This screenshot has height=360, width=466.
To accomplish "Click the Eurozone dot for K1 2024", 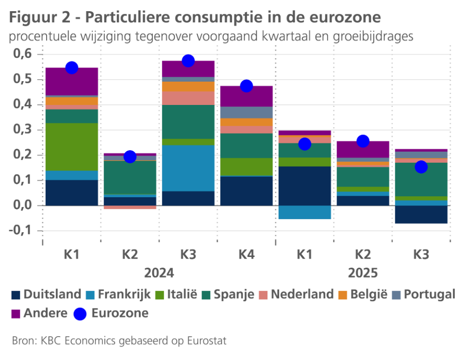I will [x=72, y=68].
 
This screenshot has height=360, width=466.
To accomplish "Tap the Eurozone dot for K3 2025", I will [x=421, y=167].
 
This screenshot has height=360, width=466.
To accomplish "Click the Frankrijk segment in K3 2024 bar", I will [x=188, y=168].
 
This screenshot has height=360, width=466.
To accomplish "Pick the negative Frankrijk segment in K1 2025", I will [x=304, y=212].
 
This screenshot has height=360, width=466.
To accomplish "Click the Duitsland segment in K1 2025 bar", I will [x=304, y=186].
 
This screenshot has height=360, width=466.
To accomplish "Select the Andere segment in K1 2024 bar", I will [x=72, y=81].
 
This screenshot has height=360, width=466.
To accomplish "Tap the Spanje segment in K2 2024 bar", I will [x=130, y=177].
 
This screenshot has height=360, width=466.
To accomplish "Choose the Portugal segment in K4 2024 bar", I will [x=246, y=112].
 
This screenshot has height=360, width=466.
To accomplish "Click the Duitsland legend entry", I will [x=47, y=294].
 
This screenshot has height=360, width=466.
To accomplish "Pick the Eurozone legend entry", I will [x=119, y=313].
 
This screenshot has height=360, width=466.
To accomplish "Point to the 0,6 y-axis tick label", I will [x=21, y=54].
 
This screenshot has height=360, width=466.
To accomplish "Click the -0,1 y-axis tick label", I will [x=20, y=231].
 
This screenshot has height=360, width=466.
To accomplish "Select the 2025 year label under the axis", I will [x=363, y=273].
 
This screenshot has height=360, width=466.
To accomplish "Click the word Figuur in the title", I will [x=29, y=18].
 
